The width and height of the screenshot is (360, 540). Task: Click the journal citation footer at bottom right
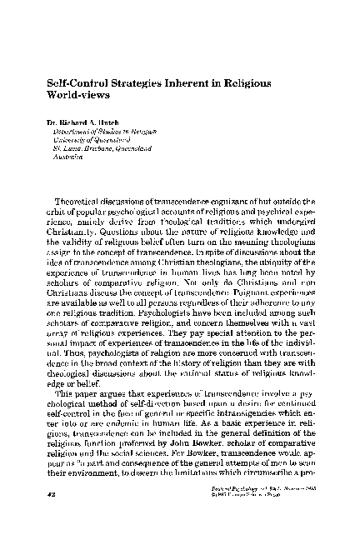tap(268, 517)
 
